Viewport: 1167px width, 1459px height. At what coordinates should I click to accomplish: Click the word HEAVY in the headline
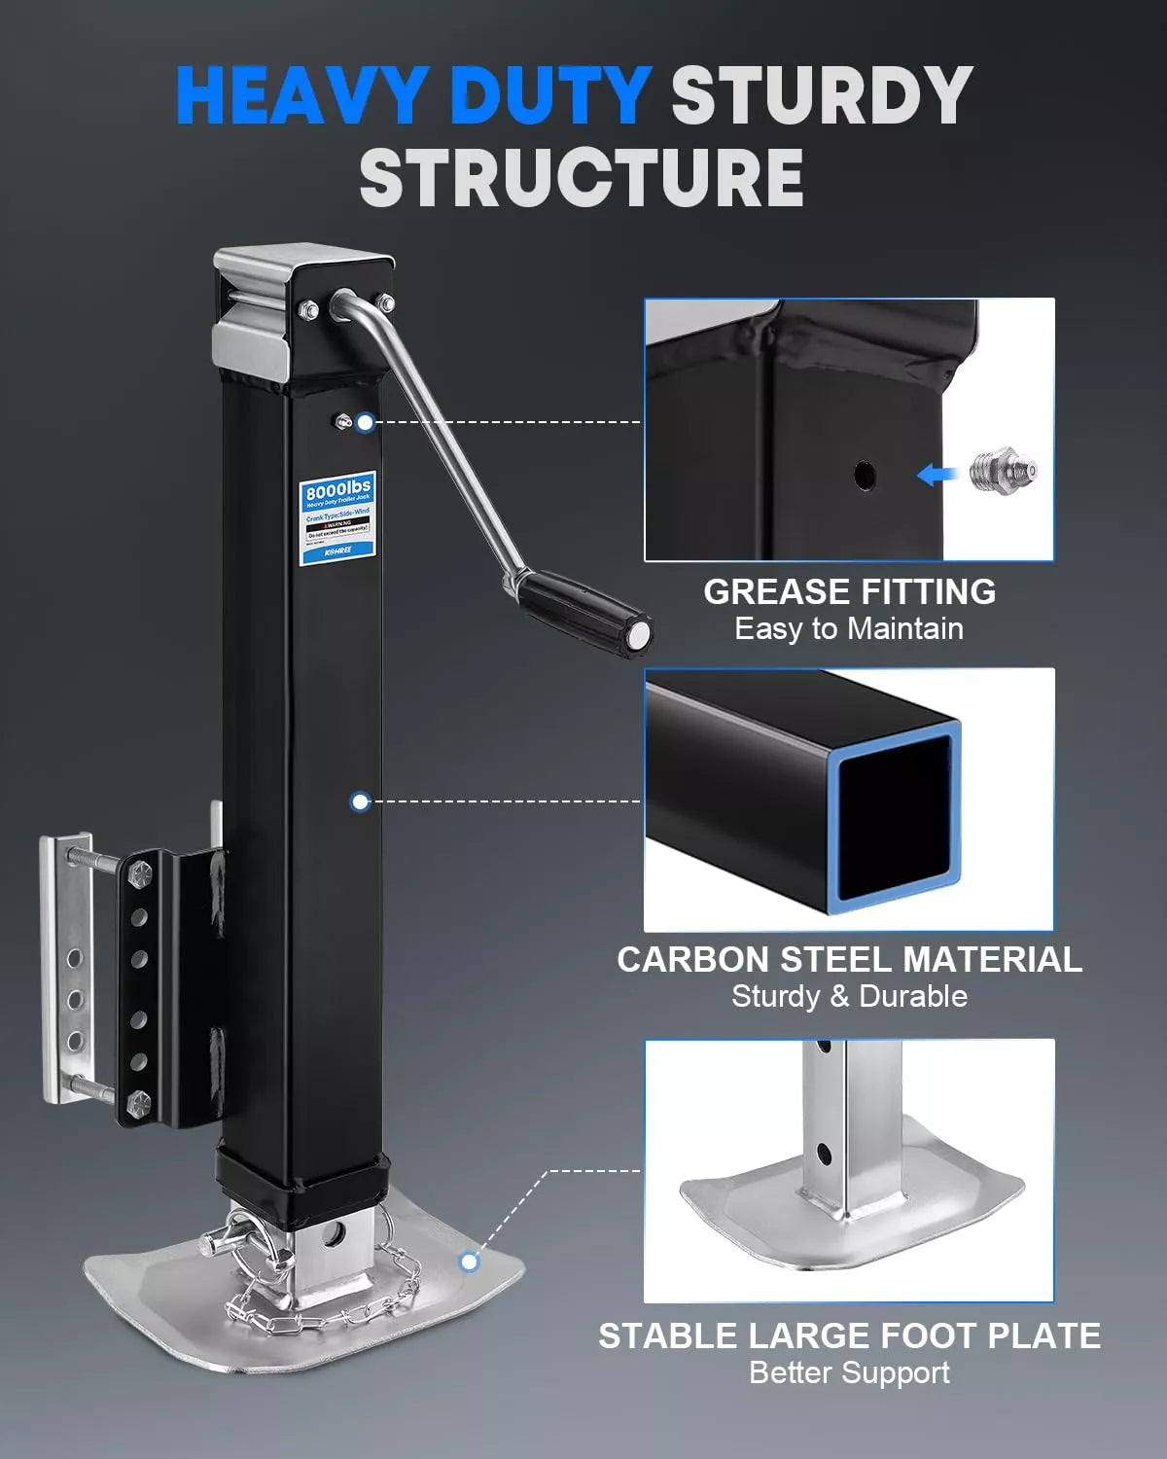click(300, 95)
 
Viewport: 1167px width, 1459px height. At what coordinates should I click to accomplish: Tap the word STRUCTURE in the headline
click(582, 178)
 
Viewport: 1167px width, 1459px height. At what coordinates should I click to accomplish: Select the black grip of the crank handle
click(583, 609)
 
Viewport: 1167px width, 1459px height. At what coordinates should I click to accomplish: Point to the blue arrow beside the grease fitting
click(935, 475)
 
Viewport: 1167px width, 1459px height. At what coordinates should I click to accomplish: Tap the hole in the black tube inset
click(865, 476)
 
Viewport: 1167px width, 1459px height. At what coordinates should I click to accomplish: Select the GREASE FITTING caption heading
click(849, 591)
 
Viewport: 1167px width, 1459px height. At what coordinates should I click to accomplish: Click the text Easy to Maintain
click(849, 629)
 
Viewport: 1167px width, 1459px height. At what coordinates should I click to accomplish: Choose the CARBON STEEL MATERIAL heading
click(849, 960)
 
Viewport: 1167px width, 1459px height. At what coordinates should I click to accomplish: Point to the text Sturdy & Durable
click(849, 997)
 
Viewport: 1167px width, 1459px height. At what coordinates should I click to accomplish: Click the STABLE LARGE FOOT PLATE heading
click(849, 1336)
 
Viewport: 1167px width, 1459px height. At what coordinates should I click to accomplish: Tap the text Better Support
click(849, 1373)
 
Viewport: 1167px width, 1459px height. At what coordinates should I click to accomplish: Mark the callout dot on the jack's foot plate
click(470, 1262)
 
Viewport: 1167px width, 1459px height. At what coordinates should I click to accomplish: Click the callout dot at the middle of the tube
click(361, 801)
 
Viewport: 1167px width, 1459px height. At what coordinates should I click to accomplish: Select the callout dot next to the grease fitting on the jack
click(365, 422)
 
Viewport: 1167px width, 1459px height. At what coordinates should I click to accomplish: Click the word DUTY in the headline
click(549, 95)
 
